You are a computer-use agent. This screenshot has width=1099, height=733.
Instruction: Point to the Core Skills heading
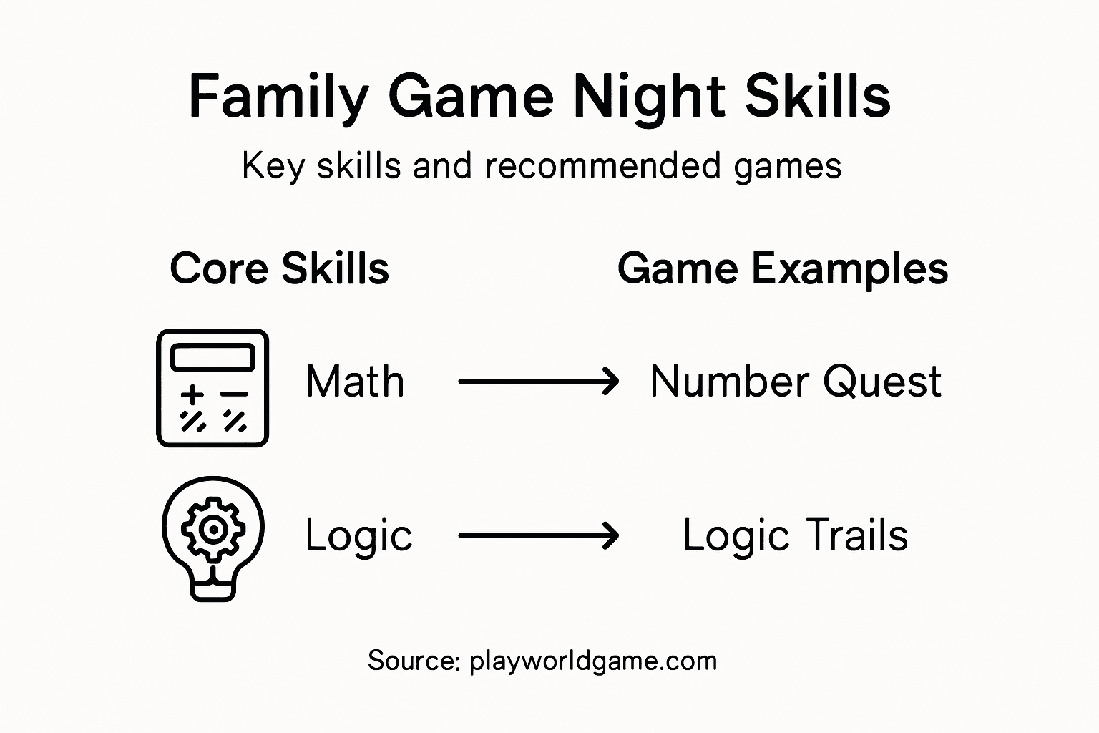[280, 268]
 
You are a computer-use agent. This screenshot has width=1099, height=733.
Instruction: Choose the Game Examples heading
[783, 268]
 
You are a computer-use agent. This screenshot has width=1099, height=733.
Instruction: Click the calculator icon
[213, 388]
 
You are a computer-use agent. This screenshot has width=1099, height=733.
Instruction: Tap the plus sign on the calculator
[192, 394]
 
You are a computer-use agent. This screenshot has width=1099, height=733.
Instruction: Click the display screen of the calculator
[213, 356]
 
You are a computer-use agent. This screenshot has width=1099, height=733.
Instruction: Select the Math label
[355, 382]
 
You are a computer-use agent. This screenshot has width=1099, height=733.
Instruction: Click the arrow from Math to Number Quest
[538, 382]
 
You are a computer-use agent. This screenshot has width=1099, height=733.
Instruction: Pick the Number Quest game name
[796, 382]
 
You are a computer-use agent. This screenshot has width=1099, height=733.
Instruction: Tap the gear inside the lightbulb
[213, 529]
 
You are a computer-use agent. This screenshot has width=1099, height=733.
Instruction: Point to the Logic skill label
[358, 536]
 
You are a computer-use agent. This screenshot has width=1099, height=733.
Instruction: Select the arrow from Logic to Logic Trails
[538, 535]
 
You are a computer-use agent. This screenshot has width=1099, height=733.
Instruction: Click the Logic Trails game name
[796, 535]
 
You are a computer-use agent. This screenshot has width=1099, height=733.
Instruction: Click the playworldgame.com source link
[593, 661]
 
